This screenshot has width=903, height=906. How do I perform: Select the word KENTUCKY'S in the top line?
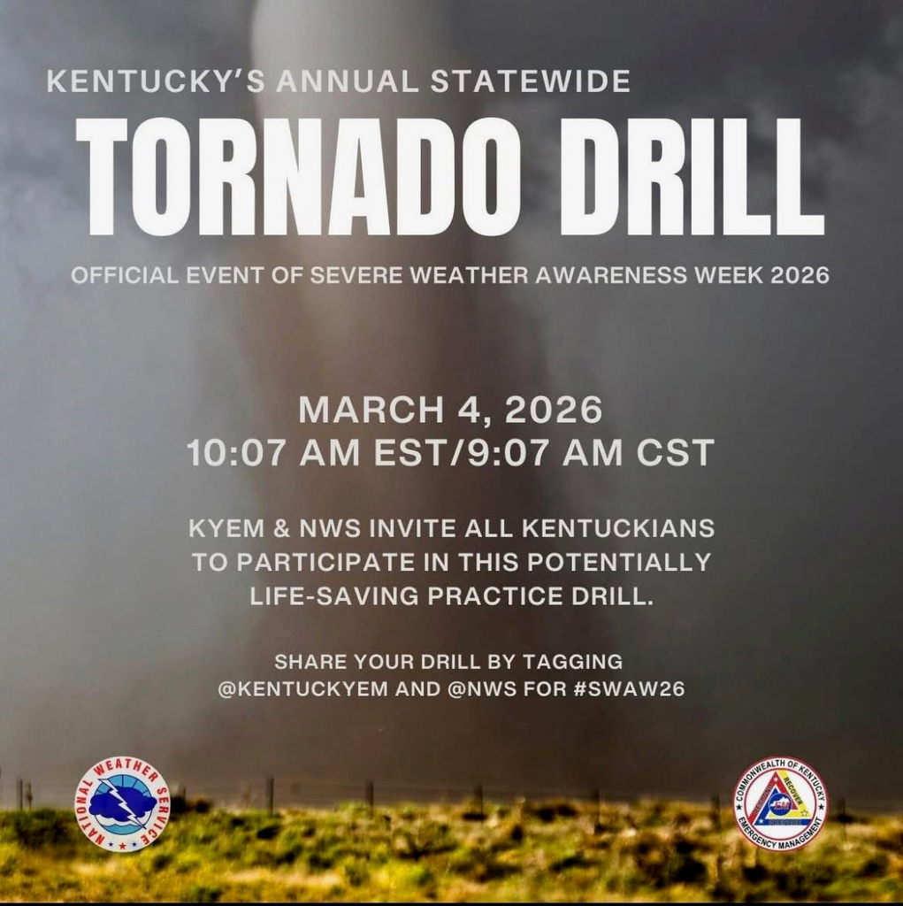155,82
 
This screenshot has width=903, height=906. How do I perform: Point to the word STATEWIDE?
531,82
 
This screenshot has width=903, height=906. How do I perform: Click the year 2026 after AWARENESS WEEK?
800,275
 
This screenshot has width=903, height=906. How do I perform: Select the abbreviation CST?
676,453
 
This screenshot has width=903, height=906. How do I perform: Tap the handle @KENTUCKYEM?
302,689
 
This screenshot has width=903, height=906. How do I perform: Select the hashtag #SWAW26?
629,689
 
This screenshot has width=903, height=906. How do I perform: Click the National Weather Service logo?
122,803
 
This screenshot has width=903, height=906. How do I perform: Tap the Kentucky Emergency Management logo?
780,803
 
